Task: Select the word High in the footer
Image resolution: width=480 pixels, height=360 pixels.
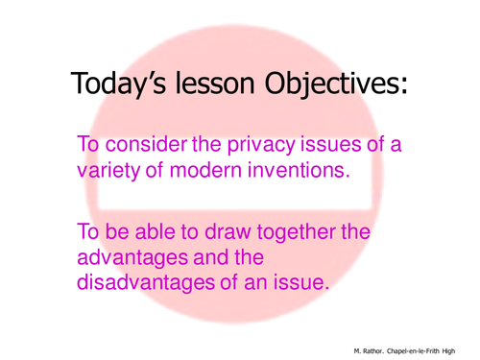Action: coord(467,350)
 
